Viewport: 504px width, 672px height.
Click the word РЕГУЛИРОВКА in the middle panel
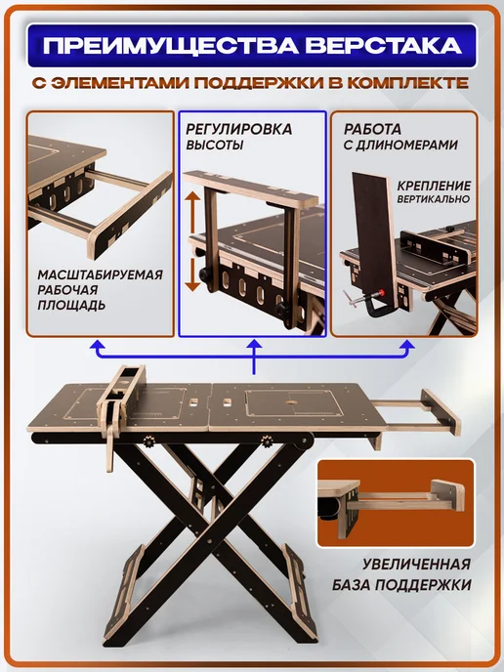[x=238, y=129]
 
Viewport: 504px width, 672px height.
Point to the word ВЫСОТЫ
[x=214, y=145]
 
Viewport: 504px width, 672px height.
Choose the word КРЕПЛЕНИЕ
[x=434, y=186]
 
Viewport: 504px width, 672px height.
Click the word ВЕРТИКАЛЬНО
[x=434, y=199]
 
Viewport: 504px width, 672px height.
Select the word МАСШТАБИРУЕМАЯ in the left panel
[x=100, y=274]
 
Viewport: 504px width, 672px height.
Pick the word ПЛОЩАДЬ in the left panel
[x=71, y=305]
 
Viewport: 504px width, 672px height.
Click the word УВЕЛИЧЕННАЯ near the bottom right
[x=416, y=564]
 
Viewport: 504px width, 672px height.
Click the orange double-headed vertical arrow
[x=193, y=241]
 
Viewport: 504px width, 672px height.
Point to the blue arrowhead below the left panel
[x=98, y=347]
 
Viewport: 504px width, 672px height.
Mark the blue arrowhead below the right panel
[x=406, y=347]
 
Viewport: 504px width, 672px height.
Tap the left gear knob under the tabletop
[x=149, y=441]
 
